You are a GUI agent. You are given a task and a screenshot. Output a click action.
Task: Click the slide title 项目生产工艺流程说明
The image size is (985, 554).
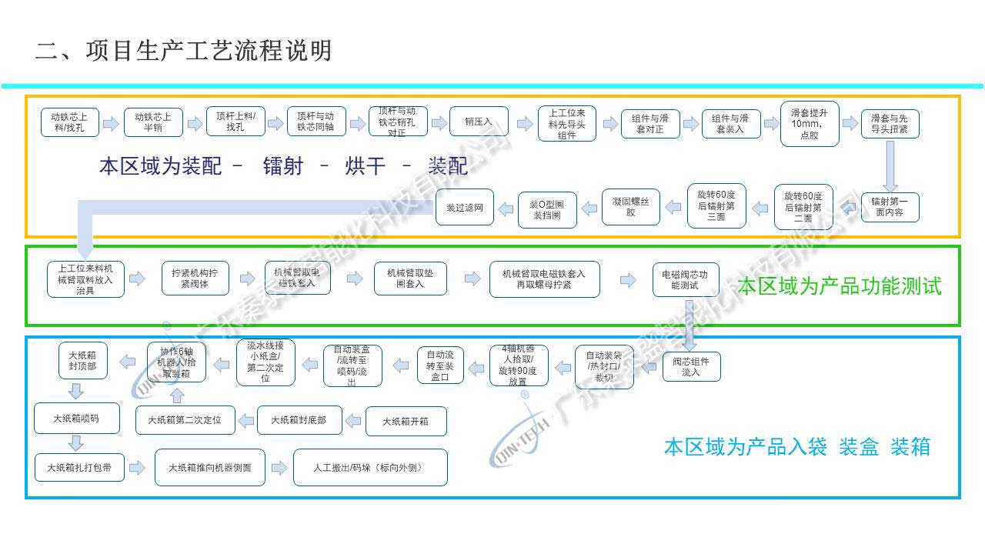184,51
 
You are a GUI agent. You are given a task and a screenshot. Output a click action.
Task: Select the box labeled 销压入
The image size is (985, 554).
479,122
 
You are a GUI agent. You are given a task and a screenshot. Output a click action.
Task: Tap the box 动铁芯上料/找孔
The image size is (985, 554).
69,122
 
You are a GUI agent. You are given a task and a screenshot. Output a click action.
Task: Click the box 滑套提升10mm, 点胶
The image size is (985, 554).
809,123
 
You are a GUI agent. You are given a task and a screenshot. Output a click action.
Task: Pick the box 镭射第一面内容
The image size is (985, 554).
890,207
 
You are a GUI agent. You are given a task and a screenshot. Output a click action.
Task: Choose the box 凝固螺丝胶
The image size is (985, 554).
630,207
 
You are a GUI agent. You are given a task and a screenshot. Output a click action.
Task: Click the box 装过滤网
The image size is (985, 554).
465,207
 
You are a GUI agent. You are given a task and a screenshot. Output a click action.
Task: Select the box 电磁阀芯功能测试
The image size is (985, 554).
686,279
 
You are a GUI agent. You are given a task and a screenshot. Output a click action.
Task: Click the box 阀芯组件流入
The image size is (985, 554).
691,367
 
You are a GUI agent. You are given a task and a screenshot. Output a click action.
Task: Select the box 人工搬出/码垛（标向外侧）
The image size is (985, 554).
370,467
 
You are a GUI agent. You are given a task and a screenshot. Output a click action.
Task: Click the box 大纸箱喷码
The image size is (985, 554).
76,419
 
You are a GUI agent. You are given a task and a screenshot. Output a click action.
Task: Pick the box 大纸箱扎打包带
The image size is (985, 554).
79,467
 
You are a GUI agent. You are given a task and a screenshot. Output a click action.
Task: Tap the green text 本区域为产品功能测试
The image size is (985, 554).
840,287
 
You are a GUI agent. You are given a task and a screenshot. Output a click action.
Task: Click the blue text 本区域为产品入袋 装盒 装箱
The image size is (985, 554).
796,447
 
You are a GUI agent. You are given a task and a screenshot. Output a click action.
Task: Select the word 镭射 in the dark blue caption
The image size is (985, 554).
282,166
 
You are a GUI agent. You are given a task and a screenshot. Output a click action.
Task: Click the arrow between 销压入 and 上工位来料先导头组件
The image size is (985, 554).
525,123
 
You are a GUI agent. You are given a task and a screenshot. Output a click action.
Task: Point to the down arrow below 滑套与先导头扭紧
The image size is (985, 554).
890,168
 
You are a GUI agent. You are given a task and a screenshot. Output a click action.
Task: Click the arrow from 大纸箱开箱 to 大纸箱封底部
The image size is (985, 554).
353,421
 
